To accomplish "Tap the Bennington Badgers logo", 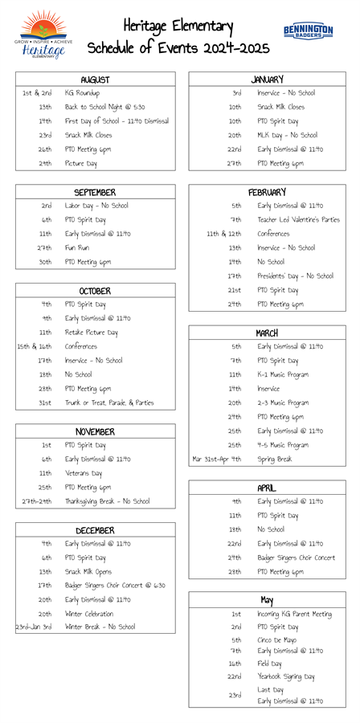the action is click(307, 31).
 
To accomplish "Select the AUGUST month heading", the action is click(95, 80).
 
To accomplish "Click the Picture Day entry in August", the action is click(80, 163).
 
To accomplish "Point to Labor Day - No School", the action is click(96, 206).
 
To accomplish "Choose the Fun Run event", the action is click(78, 247).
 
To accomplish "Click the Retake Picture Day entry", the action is click(92, 333).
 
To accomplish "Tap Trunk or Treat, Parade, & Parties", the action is click(109, 402).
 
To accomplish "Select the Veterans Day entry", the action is click(84, 473).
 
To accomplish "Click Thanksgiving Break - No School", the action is click(107, 501).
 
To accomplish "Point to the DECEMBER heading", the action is click(95, 530).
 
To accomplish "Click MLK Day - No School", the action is click(287, 135).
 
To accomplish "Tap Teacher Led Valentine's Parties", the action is click(298, 219).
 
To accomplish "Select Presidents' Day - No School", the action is click(295, 276).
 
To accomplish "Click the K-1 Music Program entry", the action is click(283, 374).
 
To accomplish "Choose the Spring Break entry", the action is click(275, 459).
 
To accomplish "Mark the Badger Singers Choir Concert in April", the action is click(297, 558).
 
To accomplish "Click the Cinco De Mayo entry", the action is click(278, 640).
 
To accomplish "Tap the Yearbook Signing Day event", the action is click(286, 676).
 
